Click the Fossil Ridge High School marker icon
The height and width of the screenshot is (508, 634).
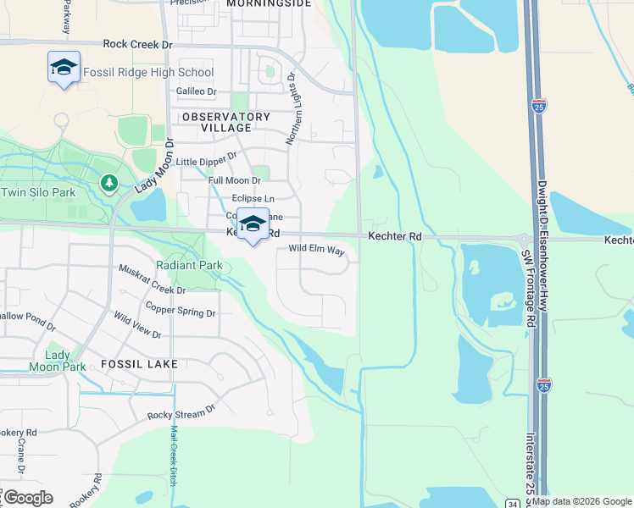pyautogui.click(x=64, y=68)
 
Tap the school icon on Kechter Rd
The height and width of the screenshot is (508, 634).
pyautogui.click(x=252, y=224)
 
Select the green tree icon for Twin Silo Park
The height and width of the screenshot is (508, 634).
pyautogui.click(x=108, y=183)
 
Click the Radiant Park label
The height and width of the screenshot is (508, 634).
pyautogui.click(x=188, y=265)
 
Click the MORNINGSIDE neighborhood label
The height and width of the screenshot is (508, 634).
pyautogui.click(x=269, y=4)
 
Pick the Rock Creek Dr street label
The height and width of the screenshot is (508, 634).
pyautogui.click(x=137, y=43)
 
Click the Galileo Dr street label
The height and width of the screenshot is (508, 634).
pyautogui.click(x=197, y=91)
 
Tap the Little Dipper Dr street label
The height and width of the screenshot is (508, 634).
pyautogui.click(x=206, y=161)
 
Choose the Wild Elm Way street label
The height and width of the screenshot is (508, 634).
pyautogui.click(x=317, y=251)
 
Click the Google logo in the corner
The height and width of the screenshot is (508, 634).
pyautogui.click(x=27, y=498)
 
